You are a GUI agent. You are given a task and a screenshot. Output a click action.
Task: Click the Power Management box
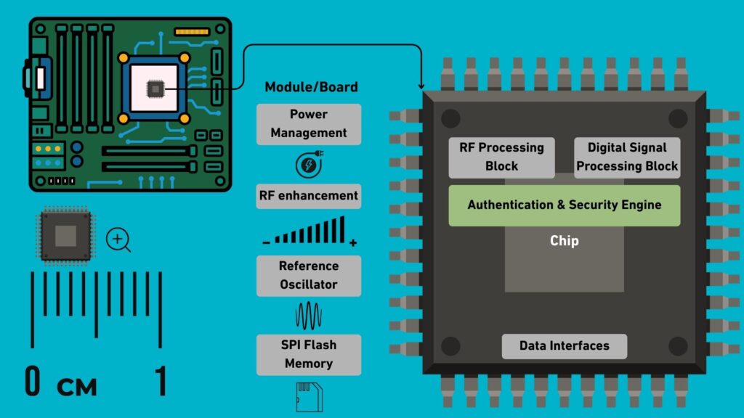309,123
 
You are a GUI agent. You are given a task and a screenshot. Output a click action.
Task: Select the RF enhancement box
309,195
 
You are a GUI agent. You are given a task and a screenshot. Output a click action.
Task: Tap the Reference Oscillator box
309,275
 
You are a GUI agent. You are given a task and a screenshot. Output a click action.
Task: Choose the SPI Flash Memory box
309,354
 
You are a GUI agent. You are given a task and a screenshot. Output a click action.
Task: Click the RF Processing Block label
501,157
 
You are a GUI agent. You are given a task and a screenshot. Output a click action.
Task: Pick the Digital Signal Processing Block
627,157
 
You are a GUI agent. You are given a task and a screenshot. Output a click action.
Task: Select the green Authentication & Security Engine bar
564,205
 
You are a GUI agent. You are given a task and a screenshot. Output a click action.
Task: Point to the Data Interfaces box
564,346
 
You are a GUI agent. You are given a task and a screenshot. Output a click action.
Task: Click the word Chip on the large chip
564,240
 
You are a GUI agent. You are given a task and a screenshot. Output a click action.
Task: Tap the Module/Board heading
311,87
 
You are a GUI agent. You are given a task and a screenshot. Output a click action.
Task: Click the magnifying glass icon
118,239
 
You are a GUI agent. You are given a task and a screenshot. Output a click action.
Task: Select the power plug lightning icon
309,164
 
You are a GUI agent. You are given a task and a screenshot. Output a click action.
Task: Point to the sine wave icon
309,316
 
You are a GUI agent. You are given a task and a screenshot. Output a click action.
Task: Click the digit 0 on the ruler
33,381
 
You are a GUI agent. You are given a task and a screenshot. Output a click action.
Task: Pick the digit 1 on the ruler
161,381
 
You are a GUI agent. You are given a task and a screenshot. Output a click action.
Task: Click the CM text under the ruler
77,386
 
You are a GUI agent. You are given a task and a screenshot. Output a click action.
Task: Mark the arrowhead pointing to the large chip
422,86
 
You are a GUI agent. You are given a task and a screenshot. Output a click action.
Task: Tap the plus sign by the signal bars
353,243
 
